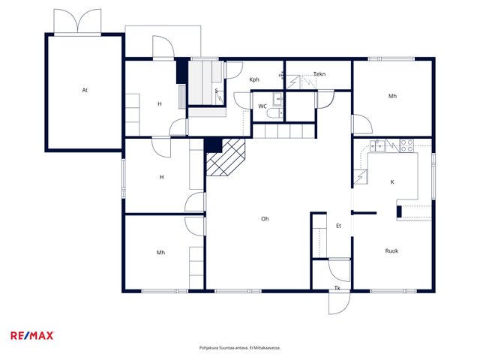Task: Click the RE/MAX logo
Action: coord(32,335)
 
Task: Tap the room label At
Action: coord(85,90)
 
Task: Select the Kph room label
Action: coord(254,79)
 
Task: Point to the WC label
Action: coord(262,106)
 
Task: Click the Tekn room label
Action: coord(319,74)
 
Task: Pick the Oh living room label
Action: coord(265,219)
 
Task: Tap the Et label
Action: coord(338,226)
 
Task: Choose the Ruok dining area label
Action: coord(391,251)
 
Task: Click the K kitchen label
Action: coord(392,182)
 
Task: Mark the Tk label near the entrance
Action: coord(337,288)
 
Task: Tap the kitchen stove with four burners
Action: coord(406,145)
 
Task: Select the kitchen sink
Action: coord(377,145)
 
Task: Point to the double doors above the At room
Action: coord(77,21)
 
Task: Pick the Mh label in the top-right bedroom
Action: coord(392,96)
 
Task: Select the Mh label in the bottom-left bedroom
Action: coord(160,253)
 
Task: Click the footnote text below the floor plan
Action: coord(240,348)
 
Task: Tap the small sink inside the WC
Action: coord(278,99)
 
